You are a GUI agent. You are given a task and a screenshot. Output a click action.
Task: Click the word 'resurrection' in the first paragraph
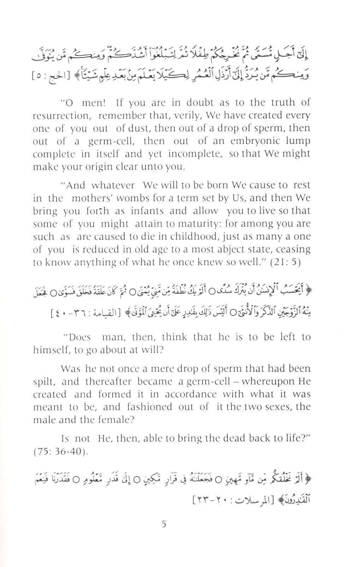point(60,116)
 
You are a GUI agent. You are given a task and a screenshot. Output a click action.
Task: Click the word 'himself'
point(49,350)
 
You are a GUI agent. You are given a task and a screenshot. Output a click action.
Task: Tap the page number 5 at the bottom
point(164,524)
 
